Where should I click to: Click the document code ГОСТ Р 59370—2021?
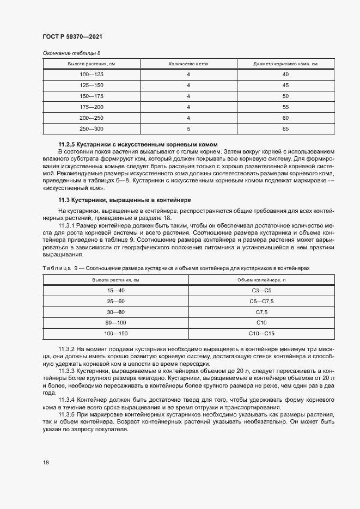(x=72, y=36)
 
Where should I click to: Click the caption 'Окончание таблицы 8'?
(x=71, y=53)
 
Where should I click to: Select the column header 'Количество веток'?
(x=188, y=64)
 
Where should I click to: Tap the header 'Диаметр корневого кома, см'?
(x=285, y=64)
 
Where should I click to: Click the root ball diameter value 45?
(x=285, y=85)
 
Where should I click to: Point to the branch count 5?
(x=188, y=128)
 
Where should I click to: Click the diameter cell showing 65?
(x=285, y=128)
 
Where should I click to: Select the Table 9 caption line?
(x=176, y=268)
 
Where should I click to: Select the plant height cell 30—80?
(x=116, y=312)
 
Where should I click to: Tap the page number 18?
(x=46, y=462)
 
